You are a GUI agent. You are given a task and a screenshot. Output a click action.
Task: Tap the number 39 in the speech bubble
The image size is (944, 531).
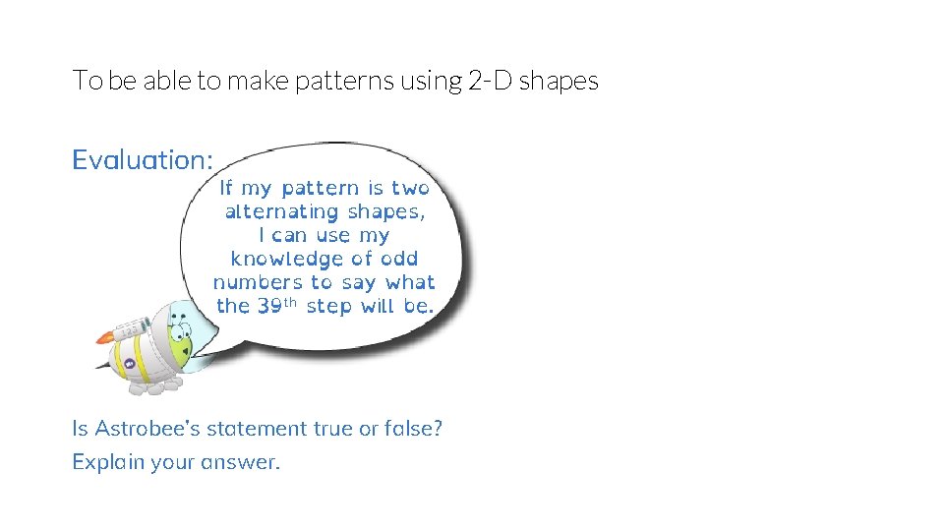(x=270, y=306)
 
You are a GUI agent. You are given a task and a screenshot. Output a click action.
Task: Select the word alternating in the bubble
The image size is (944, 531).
(x=280, y=211)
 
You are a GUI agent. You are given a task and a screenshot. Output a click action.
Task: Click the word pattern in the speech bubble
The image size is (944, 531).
(x=321, y=188)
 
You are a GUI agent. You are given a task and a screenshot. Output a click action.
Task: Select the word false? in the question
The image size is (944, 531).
(x=412, y=429)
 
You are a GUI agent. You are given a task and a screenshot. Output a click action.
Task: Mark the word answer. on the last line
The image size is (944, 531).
(x=241, y=462)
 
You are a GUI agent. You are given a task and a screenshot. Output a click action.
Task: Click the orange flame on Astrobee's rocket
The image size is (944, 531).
(x=104, y=338)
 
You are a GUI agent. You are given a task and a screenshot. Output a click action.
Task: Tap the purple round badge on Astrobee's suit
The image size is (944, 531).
(x=129, y=363)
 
